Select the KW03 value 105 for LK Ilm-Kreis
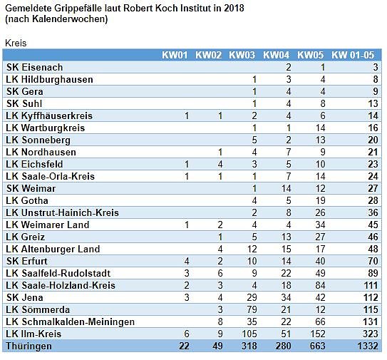point(247,334)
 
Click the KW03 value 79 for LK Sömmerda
point(250,309)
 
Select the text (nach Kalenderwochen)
point(56,19)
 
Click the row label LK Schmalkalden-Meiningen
point(69,322)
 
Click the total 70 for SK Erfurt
point(371,261)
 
